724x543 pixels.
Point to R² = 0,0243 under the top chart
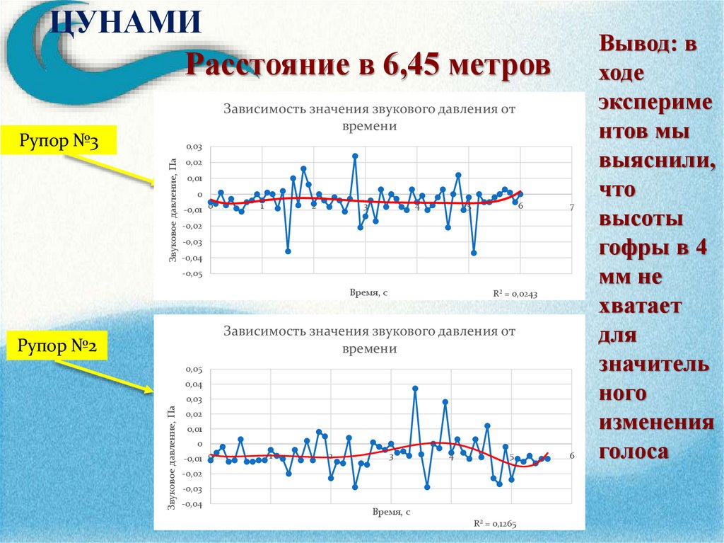point(516,293)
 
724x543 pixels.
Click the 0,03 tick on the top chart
point(194,147)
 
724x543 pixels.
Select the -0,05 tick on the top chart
point(192,274)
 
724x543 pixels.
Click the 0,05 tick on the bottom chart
point(194,370)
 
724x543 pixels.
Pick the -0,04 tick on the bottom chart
point(192,505)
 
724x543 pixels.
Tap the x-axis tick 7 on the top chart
point(572,207)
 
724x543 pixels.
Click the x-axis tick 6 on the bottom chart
point(572,455)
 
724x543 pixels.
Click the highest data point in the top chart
point(355,156)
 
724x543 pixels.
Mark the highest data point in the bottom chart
point(415,389)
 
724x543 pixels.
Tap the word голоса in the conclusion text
point(633,451)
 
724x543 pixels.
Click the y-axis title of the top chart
point(172,210)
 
